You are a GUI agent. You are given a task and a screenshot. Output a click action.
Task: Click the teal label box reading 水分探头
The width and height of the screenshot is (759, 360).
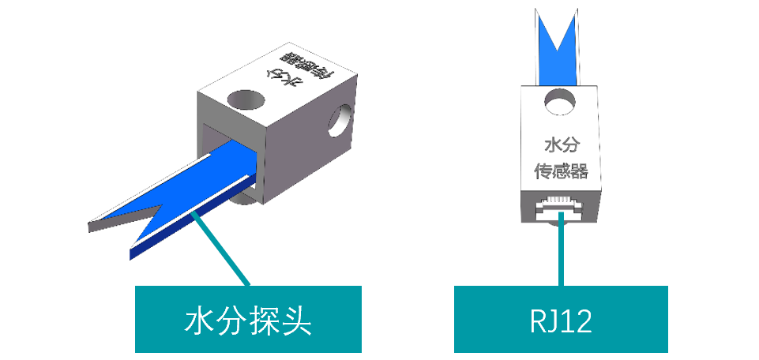click(248, 319)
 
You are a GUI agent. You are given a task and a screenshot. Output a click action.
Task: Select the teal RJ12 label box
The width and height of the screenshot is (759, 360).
click(561, 319)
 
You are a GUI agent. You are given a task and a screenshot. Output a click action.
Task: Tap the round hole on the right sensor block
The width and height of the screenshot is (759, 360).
click(561, 102)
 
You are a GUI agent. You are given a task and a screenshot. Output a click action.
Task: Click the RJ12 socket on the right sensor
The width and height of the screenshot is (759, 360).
click(562, 209)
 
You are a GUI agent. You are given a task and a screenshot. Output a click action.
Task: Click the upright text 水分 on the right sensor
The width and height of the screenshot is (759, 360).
click(561, 145)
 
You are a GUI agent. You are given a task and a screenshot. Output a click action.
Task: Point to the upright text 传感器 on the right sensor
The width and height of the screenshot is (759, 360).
click(562, 171)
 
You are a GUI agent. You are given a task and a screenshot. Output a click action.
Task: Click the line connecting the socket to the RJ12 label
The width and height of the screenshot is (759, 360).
click(562, 253)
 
